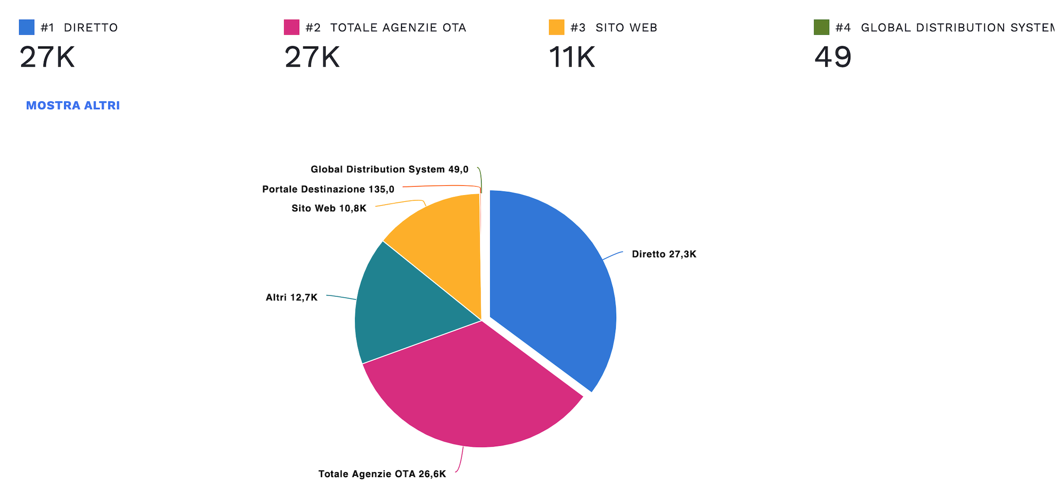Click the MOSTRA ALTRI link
tap(73, 106)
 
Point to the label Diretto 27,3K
tap(664, 254)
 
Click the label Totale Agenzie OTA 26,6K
tap(382, 474)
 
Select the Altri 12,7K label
tap(291, 298)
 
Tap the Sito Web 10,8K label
tap(329, 208)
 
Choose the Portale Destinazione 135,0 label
tap(328, 189)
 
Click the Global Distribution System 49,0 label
tap(389, 170)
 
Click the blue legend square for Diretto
tap(27, 27)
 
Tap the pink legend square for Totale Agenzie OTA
tap(291, 27)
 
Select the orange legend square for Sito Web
tap(556, 27)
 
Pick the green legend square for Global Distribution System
tap(821, 27)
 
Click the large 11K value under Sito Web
tap(572, 58)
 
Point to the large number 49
tap(832, 58)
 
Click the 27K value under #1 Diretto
tap(47, 58)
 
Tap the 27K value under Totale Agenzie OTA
tap(312, 58)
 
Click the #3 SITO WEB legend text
tap(613, 28)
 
